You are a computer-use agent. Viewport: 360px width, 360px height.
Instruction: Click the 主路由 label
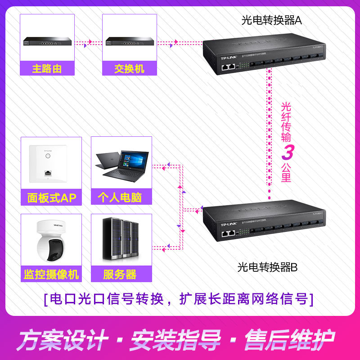tap(47, 69)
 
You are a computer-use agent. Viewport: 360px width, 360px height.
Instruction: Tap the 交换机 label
tap(129, 69)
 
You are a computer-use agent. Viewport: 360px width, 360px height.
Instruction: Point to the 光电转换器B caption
tap(268, 267)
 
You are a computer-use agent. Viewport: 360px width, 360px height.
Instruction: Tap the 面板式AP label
tap(52, 198)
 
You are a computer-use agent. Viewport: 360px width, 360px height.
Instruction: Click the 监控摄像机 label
tap(52, 274)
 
